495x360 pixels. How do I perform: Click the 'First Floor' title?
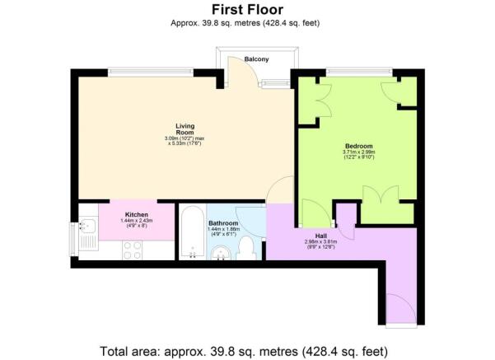click(247, 9)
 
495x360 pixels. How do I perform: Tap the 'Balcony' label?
click(258, 59)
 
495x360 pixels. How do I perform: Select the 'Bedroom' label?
click(357, 145)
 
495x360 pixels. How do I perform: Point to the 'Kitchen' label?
click(136, 215)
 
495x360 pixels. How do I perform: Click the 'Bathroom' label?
click(223, 223)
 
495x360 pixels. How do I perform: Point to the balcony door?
click(238, 77)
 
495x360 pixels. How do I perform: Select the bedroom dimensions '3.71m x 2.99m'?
click(358, 152)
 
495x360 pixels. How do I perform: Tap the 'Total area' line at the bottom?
click(247, 350)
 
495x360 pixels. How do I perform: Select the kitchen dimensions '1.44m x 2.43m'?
click(136, 222)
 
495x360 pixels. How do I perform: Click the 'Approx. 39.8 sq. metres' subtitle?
click(247, 23)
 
